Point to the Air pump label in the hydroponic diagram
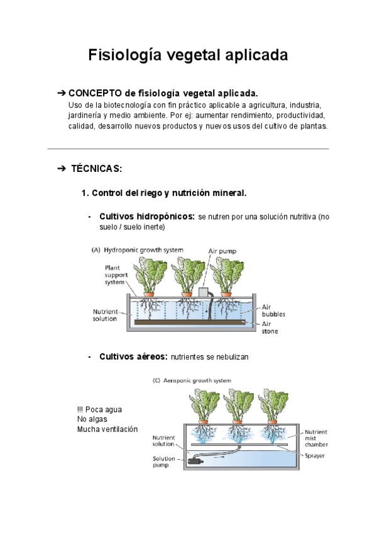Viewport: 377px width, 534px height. pyautogui.click(x=222, y=250)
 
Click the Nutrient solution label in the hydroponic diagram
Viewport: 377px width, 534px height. pyautogui.click(x=104, y=315)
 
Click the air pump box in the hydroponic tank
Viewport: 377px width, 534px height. pyautogui.click(x=204, y=293)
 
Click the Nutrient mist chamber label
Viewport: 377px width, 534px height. pyautogui.click(x=316, y=438)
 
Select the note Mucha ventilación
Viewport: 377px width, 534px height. pyautogui.click(x=107, y=429)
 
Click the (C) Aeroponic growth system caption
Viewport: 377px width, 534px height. pyautogui.click(x=192, y=380)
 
